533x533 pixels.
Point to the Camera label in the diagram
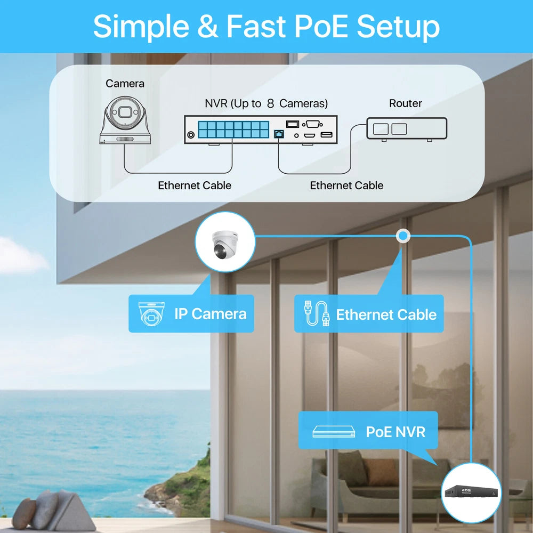(x=125, y=83)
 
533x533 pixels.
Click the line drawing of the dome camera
(x=125, y=119)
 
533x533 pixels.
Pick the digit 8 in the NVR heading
(x=270, y=103)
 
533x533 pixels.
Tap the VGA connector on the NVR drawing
(x=312, y=124)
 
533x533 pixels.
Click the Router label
(x=405, y=103)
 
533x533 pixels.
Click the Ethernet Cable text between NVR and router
(x=346, y=185)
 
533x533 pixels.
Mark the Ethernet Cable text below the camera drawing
(x=195, y=185)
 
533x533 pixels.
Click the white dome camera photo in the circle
(x=224, y=243)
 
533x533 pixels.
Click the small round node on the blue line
(x=403, y=235)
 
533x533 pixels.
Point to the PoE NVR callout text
(x=395, y=431)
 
